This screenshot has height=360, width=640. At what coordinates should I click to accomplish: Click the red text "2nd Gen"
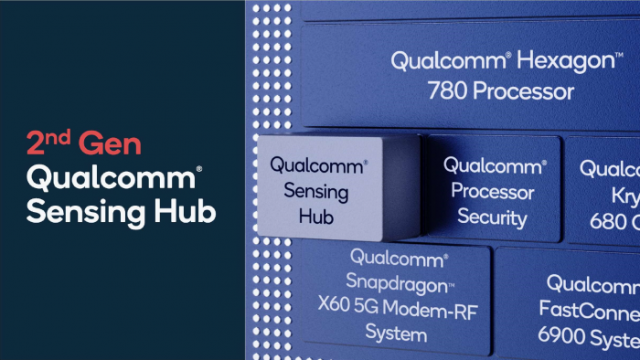pyautogui.click(x=84, y=143)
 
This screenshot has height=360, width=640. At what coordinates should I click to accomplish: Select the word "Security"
pyautogui.click(x=492, y=217)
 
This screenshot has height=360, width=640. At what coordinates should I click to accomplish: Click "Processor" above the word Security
pyautogui.click(x=492, y=193)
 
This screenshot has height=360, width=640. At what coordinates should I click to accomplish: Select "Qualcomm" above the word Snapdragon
pyautogui.click(x=396, y=258)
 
